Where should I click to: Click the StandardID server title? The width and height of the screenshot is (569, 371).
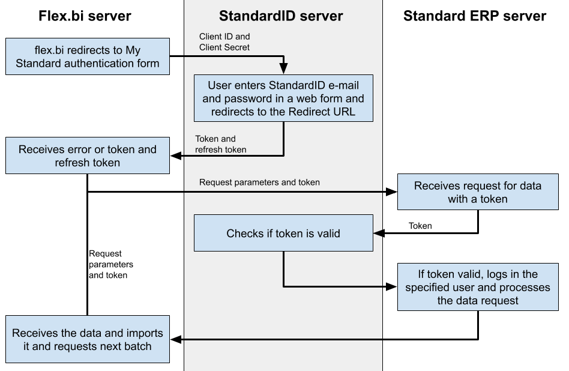(x=281, y=16)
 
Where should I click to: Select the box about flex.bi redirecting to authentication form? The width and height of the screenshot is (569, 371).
(x=88, y=57)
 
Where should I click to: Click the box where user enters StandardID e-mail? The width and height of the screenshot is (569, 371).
(x=283, y=98)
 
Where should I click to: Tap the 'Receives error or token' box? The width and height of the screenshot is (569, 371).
(x=88, y=156)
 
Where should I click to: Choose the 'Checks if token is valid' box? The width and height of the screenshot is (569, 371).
(x=283, y=234)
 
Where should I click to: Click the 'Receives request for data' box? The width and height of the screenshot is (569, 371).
(x=478, y=192)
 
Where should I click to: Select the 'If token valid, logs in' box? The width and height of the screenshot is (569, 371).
(x=478, y=288)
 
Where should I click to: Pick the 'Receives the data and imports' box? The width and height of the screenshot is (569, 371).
(x=88, y=340)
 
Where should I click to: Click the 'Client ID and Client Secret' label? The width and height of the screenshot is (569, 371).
(x=224, y=42)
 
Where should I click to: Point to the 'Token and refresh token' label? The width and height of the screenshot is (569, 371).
(x=220, y=144)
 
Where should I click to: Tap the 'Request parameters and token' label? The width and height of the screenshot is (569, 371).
(x=259, y=182)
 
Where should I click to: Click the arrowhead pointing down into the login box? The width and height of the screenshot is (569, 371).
(x=283, y=69)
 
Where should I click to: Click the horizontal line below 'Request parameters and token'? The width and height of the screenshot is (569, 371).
(x=282, y=192)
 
